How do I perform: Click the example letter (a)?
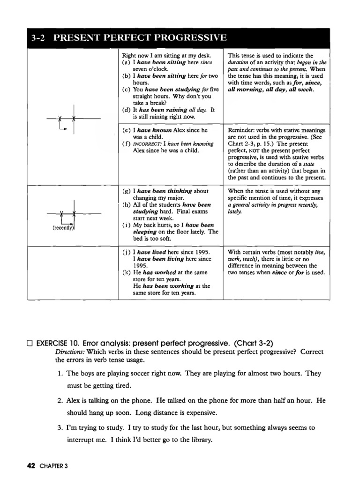tap(126, 62)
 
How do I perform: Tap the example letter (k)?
tap(126, 271)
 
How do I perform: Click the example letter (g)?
tap(126, 191)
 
